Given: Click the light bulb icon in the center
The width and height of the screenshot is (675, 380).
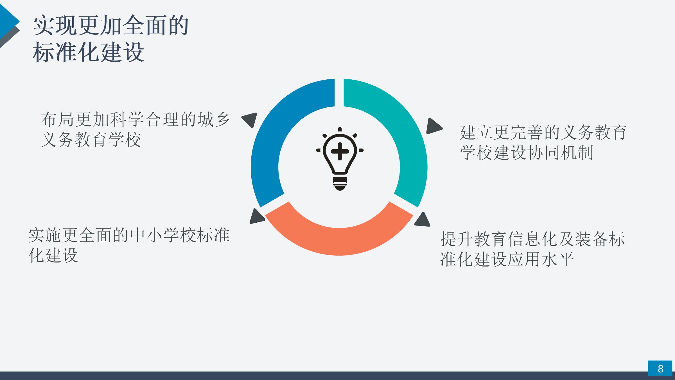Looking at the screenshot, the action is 340,159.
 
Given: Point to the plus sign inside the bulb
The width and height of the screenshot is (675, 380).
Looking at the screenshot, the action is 340,151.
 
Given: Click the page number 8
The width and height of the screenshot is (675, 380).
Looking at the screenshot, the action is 660,368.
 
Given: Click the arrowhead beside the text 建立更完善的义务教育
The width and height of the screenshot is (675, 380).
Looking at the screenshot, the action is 434,126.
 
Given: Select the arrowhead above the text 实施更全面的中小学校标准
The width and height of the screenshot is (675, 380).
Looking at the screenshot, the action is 256,216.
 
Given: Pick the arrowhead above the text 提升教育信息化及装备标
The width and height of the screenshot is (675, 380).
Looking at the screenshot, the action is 423,220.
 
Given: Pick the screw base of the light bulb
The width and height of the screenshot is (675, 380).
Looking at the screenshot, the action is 340,184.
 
